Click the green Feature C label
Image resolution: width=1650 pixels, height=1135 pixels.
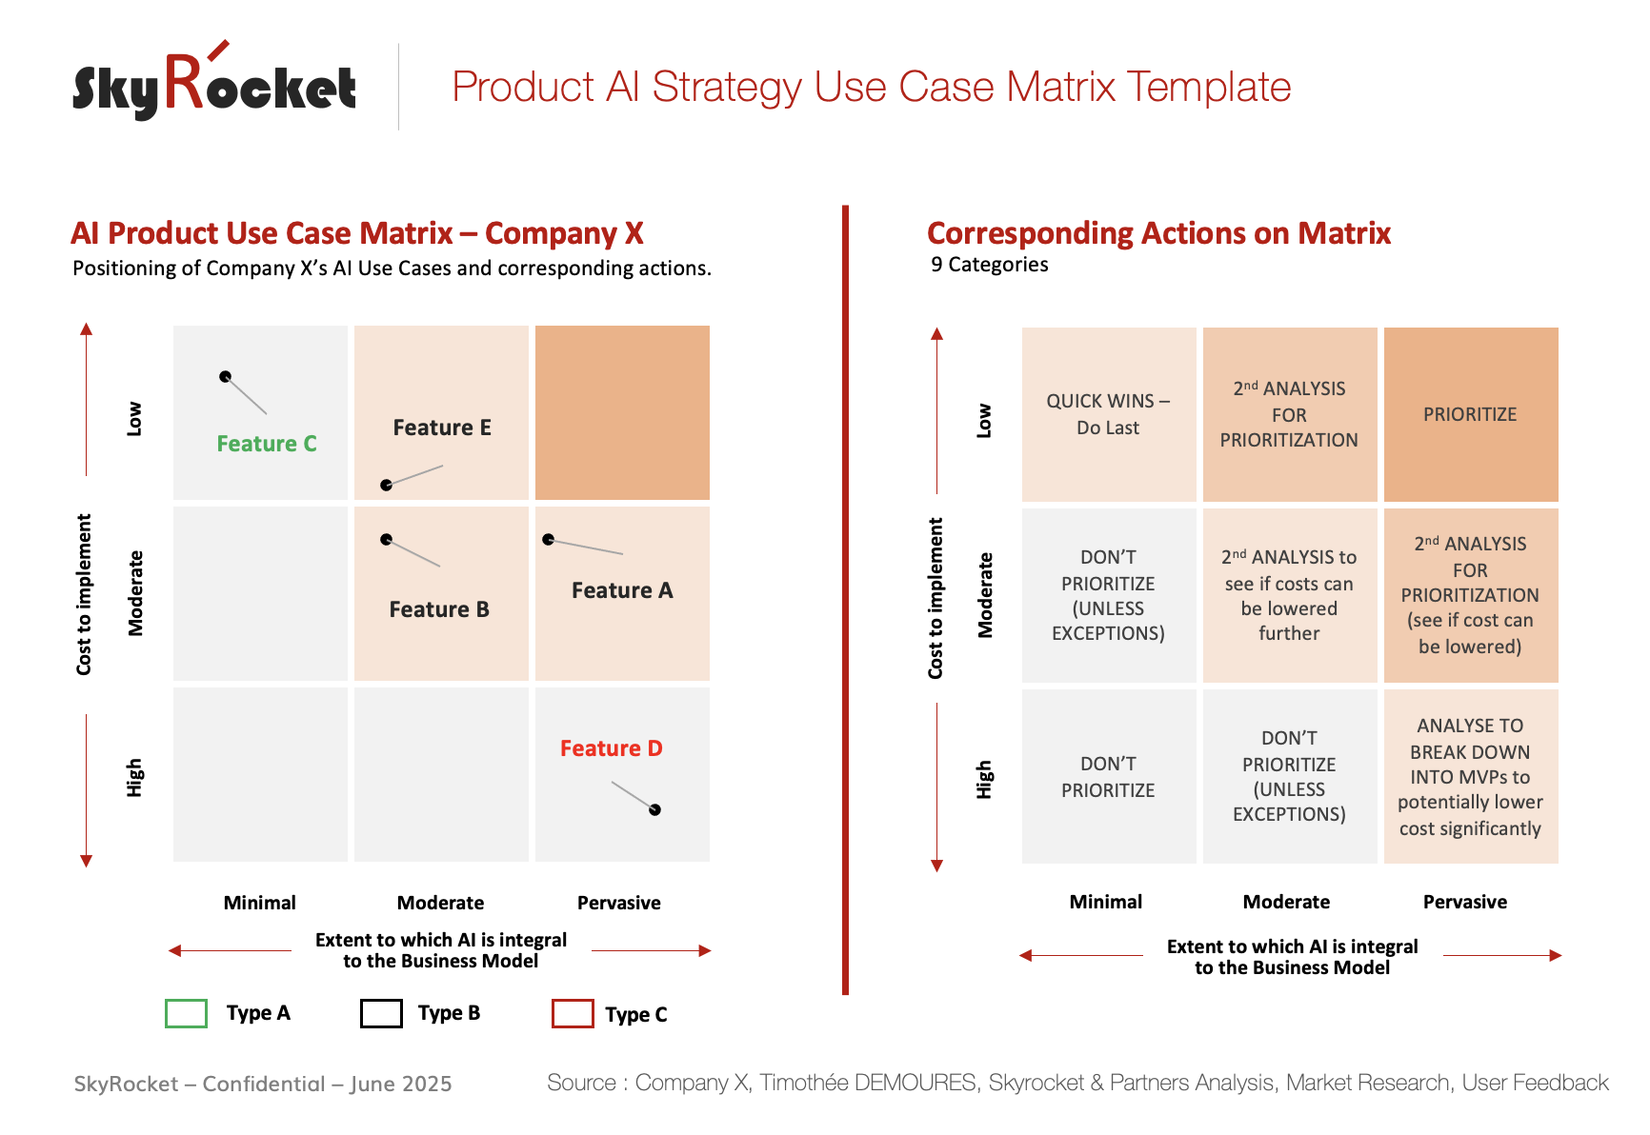267,444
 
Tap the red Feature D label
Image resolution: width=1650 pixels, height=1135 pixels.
611,748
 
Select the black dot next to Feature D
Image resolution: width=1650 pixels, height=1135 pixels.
654,809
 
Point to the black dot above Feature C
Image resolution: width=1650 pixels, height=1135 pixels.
225,376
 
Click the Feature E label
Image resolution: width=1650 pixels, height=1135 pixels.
442,428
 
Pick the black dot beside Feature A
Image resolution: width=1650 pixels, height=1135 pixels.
548,540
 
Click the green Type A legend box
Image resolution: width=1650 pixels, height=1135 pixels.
186,1013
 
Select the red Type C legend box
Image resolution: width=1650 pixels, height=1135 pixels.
573,1013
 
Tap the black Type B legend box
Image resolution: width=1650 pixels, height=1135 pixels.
381,1013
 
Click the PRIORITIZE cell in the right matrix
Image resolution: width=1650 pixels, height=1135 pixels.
1470,414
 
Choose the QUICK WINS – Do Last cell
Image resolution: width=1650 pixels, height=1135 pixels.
1108,414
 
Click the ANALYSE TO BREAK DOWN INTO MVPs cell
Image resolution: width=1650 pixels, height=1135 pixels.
1470,776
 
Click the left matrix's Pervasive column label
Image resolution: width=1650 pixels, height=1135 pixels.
618,903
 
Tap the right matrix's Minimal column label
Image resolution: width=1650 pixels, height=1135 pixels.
1105,902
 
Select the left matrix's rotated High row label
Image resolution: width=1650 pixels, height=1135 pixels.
134,777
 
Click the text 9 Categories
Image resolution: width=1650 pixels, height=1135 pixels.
989,265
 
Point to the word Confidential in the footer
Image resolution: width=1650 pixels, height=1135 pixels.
264,1084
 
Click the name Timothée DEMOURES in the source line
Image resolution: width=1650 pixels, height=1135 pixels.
868,1083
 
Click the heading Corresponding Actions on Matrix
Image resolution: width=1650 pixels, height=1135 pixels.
1158,233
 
